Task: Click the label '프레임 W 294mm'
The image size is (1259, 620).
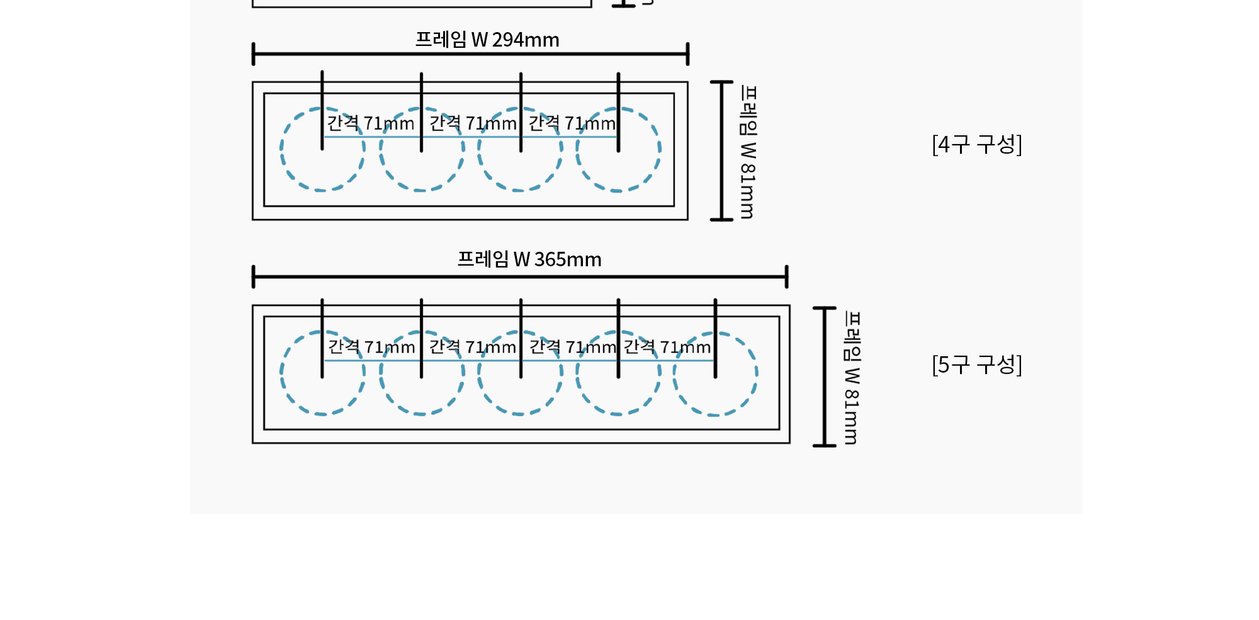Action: (x=487, y=40)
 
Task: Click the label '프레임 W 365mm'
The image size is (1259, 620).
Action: (x=529, y=259)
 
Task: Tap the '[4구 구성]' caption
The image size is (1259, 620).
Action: (x=977, y=144)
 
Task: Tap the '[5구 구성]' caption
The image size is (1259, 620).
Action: (x=977, y=364)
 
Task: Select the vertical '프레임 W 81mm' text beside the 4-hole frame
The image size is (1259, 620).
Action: (x=748, y=152)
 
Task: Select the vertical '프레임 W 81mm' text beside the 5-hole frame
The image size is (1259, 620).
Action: (x=852, y=377)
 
